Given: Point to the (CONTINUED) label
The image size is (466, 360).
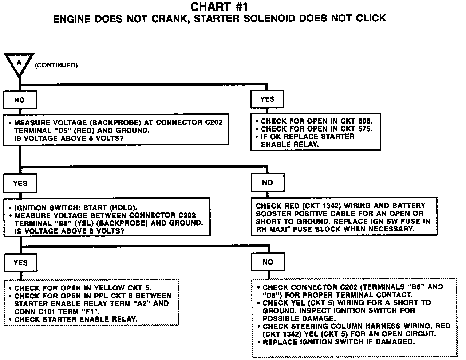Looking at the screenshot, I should (x=56, y=66).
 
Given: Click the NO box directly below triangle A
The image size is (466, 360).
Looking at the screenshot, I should (x=20, y=99).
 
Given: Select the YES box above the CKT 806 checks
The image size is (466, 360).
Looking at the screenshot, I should (x=267, y=99).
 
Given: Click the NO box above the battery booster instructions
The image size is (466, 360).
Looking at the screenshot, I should (x=267, y=183).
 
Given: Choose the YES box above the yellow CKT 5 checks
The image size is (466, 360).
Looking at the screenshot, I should (x=20, y=263).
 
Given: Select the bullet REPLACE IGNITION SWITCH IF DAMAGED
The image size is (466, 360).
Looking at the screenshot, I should (x=338, y=342).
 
